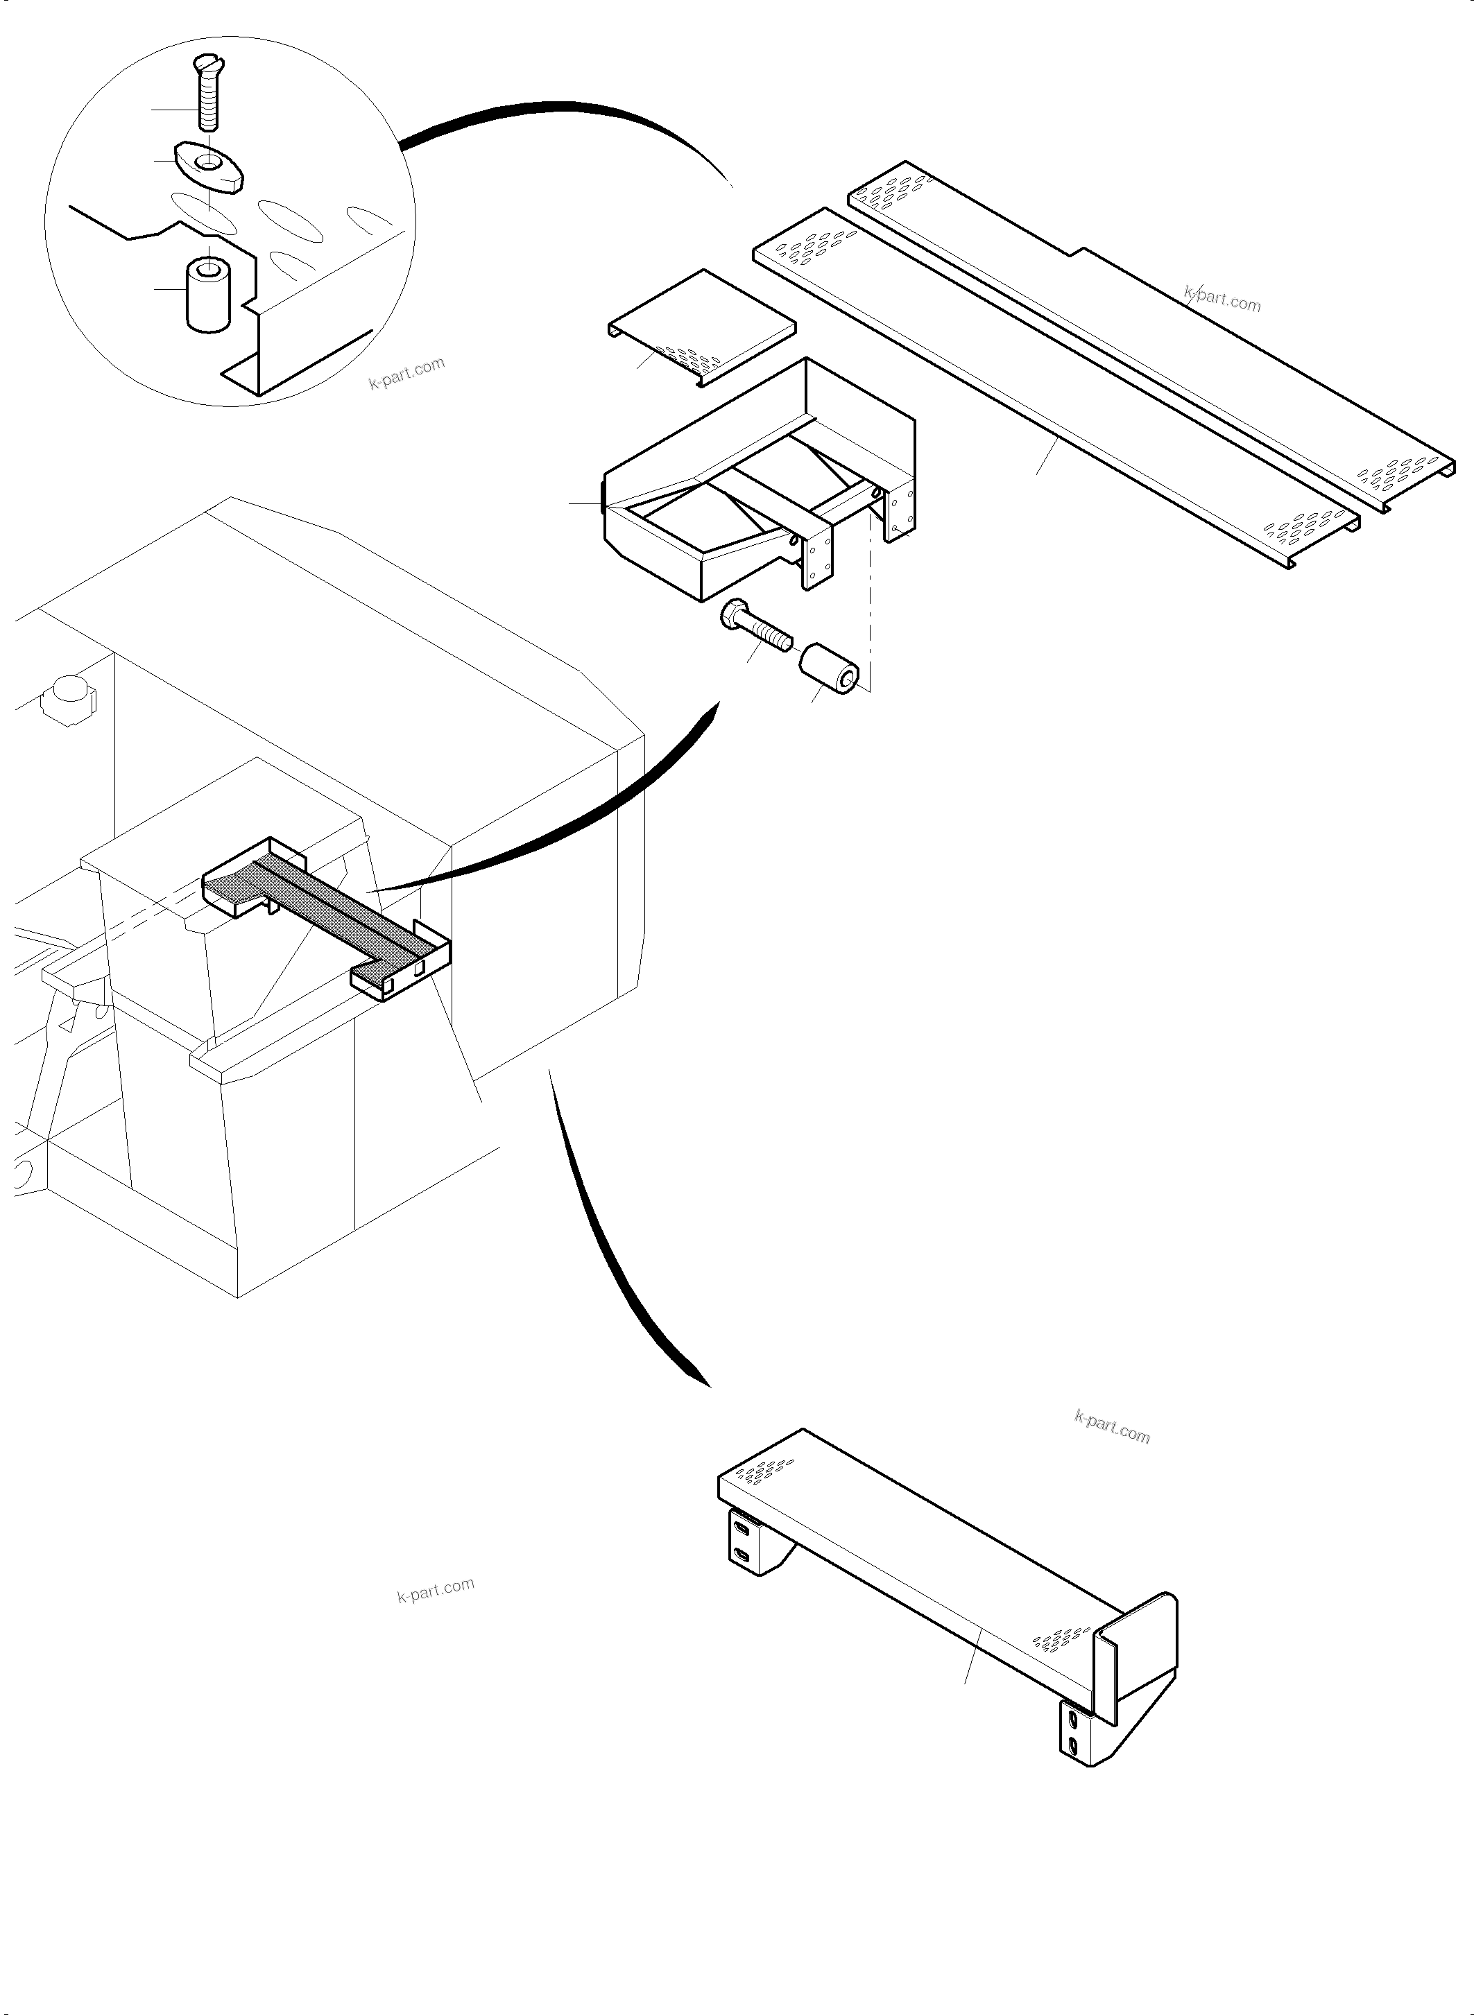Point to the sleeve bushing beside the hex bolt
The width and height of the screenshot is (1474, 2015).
(x=829, y=669)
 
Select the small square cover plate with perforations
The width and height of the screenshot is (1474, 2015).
(x=701, y=326)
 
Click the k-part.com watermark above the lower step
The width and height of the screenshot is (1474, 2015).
(x=1113, y=1426)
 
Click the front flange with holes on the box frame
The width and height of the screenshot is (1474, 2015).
(x=817, y=558)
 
